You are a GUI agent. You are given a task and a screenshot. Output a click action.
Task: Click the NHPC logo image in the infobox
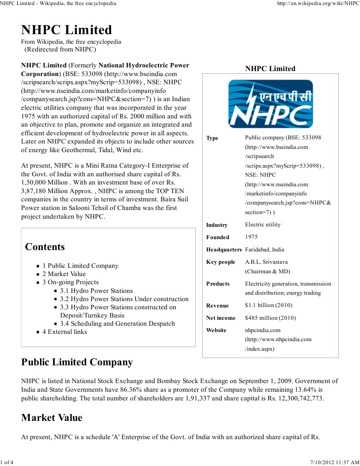tap(270, 104)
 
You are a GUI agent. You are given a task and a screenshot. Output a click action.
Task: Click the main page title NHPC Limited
tap(66, 30)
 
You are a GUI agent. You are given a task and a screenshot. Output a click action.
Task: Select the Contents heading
tap(45, 247)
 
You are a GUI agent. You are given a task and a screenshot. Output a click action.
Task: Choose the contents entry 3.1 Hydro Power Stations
tap(96, 291)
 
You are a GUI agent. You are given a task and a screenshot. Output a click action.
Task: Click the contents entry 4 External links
tap(65, 332)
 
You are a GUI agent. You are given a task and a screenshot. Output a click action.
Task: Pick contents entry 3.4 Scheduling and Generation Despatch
tap(117, 323)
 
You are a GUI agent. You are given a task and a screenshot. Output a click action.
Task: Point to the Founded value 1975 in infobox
tap(251, 237)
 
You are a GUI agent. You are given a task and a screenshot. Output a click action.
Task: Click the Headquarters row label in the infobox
tap(223, 250)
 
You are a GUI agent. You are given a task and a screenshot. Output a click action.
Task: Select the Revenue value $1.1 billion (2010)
tap(269, 305)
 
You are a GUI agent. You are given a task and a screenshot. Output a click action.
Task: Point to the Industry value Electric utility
tap(263, 225)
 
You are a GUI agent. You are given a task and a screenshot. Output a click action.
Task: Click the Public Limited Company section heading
tap(77, 362)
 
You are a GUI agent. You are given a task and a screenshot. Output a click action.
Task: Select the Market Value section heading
tap(52, 418)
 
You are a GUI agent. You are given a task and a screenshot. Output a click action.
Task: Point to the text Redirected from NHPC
tap(60, 49)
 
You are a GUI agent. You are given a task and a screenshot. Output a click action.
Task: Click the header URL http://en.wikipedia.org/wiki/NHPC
tap(318, 3)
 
